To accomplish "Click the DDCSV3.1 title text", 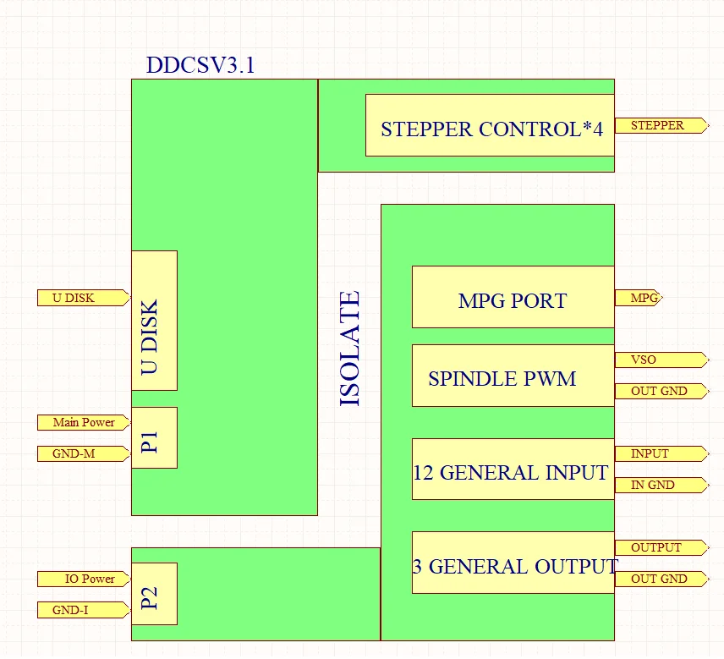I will [200, 66].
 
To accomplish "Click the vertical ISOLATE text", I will [350, 349].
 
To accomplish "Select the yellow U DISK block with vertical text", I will [154, 321].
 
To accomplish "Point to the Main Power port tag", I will [83, 422].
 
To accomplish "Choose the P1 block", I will [154, 437].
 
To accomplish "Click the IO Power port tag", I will [83, 579].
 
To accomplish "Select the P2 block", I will [154, 594].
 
